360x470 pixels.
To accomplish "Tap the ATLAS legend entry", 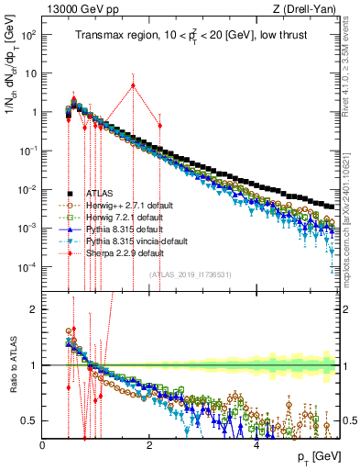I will [101, 194].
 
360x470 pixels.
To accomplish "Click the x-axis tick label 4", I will [256, 443].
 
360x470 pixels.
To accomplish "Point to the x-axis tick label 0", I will [43, 443].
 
